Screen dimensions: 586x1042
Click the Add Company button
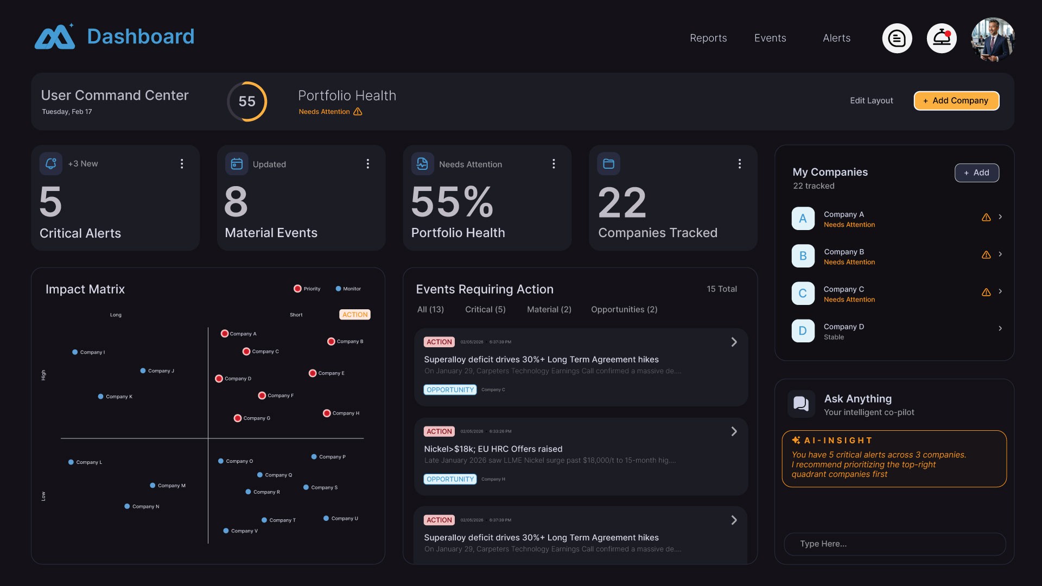[956, 100]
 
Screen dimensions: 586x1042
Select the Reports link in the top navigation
[708, 38]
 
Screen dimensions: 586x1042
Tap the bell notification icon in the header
[942, 38]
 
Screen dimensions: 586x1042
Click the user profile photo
[993, 39]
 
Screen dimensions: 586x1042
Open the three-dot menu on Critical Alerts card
[182, 164]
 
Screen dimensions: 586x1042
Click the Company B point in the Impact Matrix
[331, 341]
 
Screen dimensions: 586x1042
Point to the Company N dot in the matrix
[127, 506]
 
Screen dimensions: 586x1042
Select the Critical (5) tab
[485, 309]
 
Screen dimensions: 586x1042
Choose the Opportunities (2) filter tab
[624, 309]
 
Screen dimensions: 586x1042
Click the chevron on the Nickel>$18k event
[734, 431]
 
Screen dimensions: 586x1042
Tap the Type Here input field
[894, 544]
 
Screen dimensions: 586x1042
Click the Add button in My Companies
[976, 173]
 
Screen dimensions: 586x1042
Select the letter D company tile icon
[803, 330]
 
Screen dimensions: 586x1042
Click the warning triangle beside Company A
[986, 217]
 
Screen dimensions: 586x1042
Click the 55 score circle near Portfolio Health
[247, 101]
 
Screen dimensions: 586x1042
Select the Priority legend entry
[307, 289]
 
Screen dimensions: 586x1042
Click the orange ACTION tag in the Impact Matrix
[355, 315]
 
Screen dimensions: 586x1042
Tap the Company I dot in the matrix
[75, 352]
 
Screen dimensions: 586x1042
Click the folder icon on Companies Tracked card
[608, 164]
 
